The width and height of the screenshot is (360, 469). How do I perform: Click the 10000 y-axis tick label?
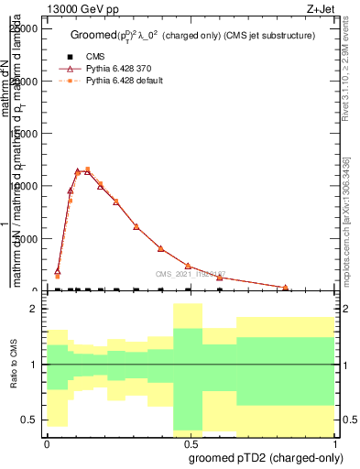click(x=26, y=186)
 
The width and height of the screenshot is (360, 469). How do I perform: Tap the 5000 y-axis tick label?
click(x=28, y=238)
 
